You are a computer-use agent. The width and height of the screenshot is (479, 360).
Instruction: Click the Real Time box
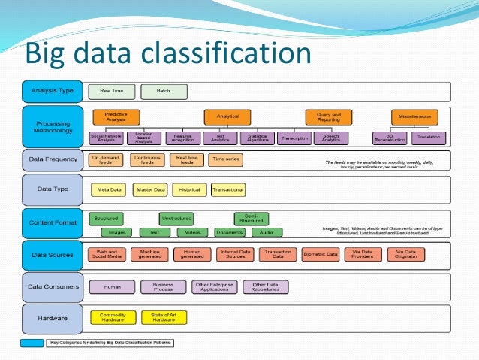(112, 91)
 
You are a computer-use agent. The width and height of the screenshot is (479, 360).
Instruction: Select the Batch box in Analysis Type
(164, 91)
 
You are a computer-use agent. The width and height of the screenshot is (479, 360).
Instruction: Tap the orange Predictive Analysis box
(115, 117)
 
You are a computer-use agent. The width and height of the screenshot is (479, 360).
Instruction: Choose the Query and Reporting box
(329, 117)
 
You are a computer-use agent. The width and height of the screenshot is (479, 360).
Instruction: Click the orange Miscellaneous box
(414, 117)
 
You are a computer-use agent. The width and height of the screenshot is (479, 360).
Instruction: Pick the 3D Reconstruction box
(389, 138)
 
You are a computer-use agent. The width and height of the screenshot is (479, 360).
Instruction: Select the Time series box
(227, 160)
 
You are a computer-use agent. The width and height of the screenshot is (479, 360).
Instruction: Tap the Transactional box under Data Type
(227, 189)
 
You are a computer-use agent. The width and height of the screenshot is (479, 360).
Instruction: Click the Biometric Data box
(321, 255)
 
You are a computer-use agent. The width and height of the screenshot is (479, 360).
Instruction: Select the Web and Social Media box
(107, 255)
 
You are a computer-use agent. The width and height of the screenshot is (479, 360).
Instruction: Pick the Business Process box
(163, 286)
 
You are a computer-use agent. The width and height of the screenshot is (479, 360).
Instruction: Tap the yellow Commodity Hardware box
(113, 317)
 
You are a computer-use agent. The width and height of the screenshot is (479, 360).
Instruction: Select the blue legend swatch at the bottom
(32, 343)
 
